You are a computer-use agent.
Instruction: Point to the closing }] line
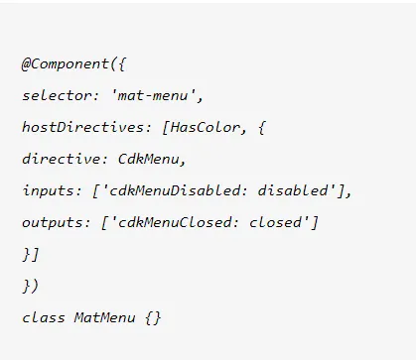click(30, 254)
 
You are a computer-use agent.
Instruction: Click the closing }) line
click(30, 286)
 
